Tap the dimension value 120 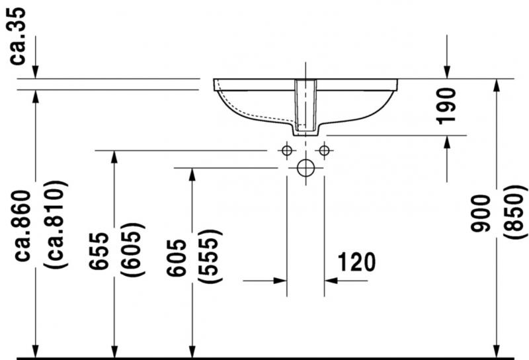point(356,262)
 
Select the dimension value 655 point(99,252)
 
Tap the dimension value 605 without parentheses point(178,255)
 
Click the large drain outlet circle point(305,167)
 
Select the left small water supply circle point(286,150)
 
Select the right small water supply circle point(324,150)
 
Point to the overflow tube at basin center point(305,106)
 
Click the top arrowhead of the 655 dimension point(115,156)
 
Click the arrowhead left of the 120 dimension point(280,281)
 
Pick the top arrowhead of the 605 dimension point(192,173)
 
